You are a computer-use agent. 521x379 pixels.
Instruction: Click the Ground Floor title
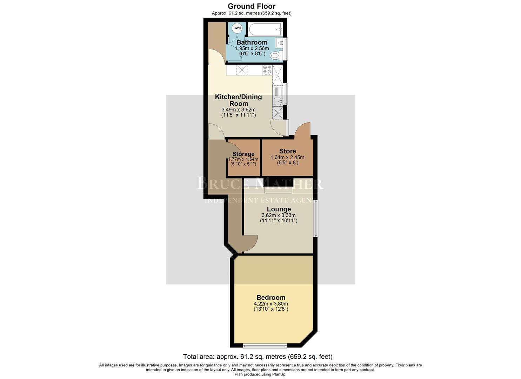252,6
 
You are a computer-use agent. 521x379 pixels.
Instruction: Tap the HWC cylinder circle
237,28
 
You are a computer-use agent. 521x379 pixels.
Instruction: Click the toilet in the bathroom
275,55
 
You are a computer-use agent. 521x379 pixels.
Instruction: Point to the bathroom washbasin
279,44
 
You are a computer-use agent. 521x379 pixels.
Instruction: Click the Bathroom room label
252,42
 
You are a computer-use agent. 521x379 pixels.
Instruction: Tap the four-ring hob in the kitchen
267,70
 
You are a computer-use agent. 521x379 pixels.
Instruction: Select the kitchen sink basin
278,101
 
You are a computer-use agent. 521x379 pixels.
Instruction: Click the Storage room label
243,154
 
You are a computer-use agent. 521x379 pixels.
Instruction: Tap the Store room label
287,151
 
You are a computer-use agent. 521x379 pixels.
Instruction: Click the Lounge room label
279,210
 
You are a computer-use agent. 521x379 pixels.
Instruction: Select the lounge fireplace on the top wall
278,190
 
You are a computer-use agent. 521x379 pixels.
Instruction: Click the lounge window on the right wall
315,218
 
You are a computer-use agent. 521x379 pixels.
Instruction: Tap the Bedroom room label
270,298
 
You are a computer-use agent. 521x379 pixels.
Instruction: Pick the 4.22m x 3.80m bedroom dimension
270,304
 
